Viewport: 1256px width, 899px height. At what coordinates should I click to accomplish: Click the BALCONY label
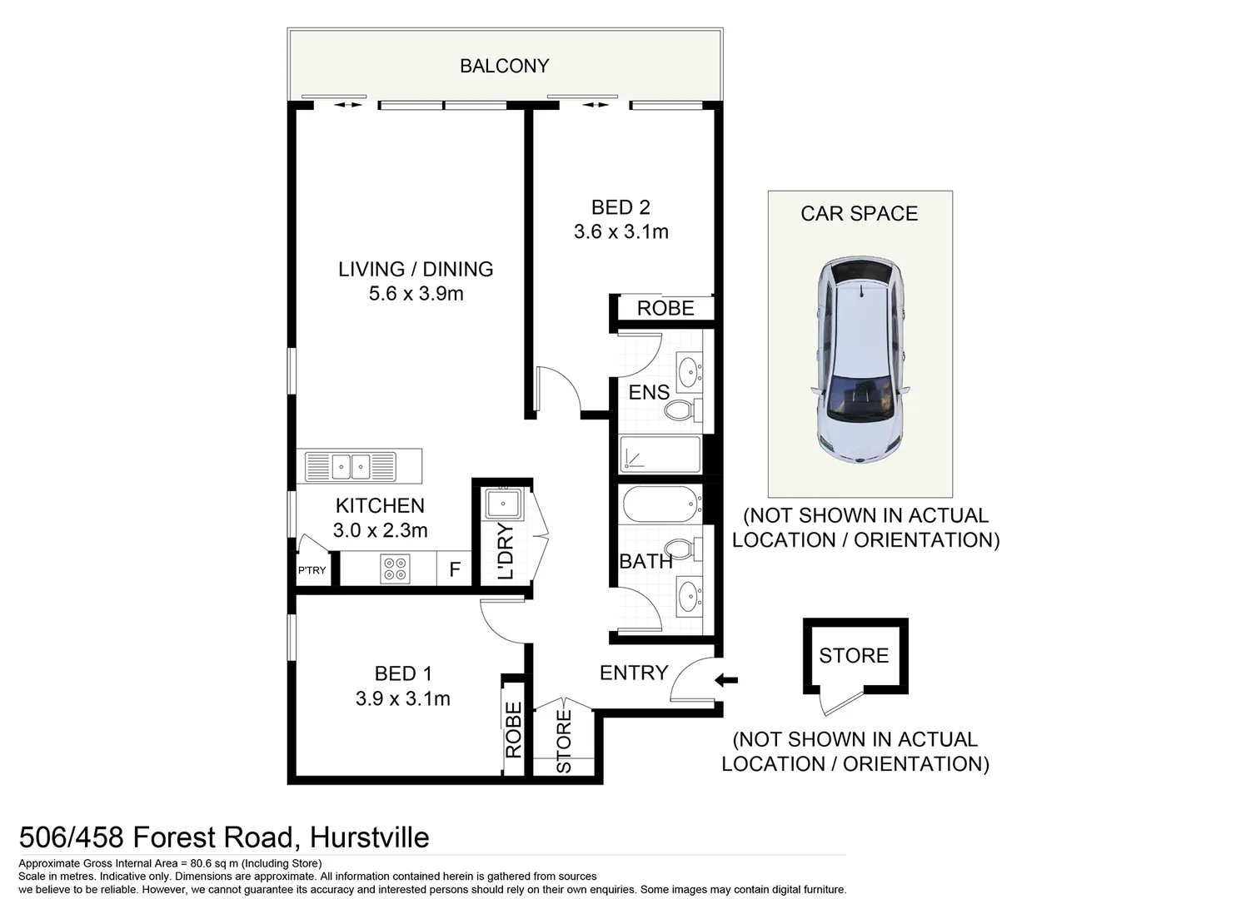pos(504,66)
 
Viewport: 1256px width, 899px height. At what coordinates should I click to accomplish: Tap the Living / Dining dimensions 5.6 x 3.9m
pos(416,294)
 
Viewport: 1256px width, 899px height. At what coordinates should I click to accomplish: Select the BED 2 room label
pos(621,207)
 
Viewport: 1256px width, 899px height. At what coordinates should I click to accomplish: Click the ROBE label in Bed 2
pos(665,309)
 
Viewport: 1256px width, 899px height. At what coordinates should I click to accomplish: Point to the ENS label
pos(648,392)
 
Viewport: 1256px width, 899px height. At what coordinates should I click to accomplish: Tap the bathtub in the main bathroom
pos(660,504)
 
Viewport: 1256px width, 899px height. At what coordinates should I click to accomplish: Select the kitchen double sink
pos(350,466)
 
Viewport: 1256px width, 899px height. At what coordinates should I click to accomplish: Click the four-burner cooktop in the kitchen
pos(395,569)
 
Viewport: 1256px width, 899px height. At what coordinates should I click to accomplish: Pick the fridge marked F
pos(455,570)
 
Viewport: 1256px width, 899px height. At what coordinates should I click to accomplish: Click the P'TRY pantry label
pos(312,570)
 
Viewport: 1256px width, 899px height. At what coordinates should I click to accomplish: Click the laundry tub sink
pos(503,504)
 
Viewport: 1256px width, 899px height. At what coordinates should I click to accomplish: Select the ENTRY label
pos(634,673)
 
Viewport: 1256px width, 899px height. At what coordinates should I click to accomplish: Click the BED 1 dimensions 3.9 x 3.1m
pos(402,699)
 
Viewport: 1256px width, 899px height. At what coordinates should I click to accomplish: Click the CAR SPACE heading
pos(859,214)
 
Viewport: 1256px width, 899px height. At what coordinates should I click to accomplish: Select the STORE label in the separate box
pos(854,656)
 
